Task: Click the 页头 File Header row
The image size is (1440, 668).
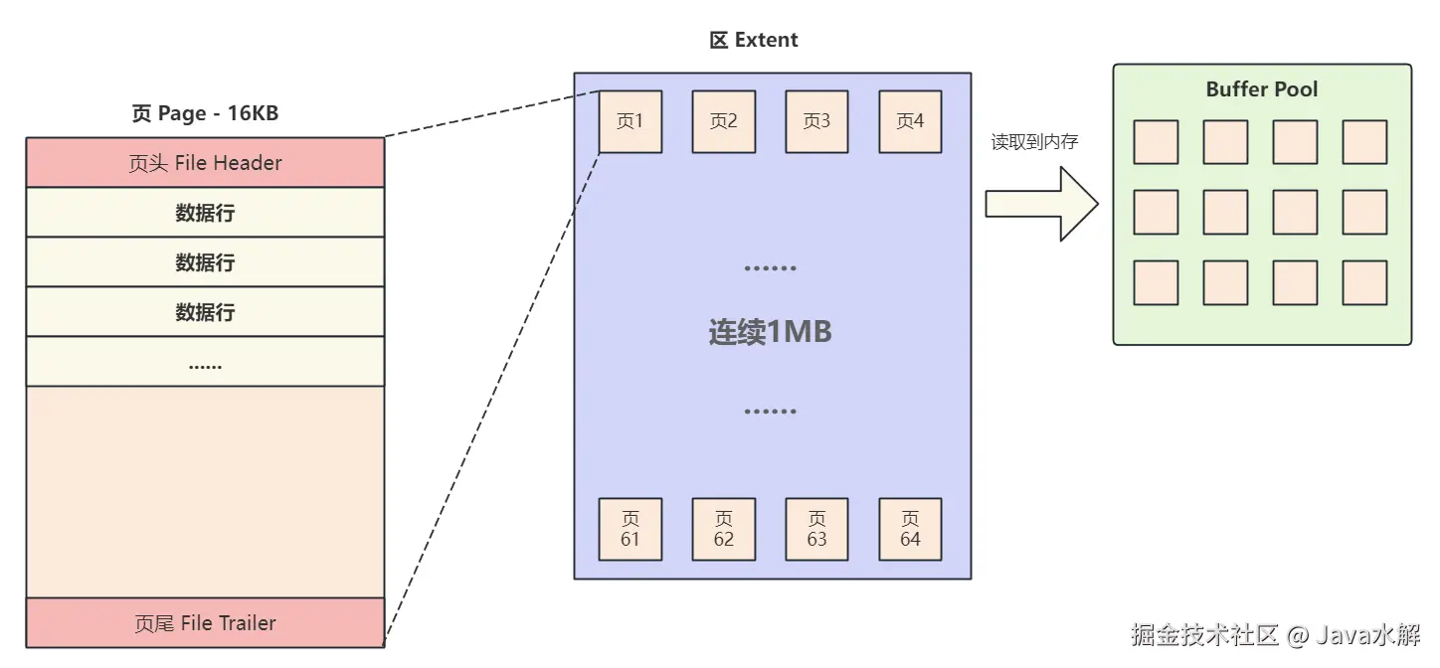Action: pyautogui.click(x=205, y=163)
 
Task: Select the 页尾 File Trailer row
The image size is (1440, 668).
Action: pyautogui.click(x=205, y=623)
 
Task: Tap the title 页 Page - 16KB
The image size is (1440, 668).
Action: pyautogui.click(x=205, y=113)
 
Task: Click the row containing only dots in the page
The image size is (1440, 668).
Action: pyautogui.click(x=205, y=363)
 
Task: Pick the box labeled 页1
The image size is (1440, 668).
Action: pyautogui.click(x=630, y=121)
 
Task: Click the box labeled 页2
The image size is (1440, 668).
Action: pyautogui.click(x=724, y=121)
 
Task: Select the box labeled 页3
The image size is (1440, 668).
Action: pyautogui.click(x=817, y=121)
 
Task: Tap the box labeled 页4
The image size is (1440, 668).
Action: pyautogui.click(x=910, y=121)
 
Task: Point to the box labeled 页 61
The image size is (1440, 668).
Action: pyautogui.click(x=630, y=529)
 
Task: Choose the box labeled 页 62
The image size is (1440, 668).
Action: pyautogui.click(x=724, y=529)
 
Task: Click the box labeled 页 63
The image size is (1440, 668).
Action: pyautogui.click(x=817, y=529)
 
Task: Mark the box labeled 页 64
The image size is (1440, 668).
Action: pyautogui.click(x=910, y=529)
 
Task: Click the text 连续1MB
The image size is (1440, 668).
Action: pyautogui.click(x=771, y=332)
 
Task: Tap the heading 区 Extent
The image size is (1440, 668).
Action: pyautogui.click(x=754, y=41)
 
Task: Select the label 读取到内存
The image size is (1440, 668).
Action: pyautogui.click(x=1034, y=142)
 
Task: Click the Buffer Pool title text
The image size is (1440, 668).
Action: pyautogui.click(x=1261, y=89)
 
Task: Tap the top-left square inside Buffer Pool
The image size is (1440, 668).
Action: pyautogui.click(x=1156, y=142)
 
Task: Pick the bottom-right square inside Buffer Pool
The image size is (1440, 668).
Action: pyautogui.click(x=1364, y=282)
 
